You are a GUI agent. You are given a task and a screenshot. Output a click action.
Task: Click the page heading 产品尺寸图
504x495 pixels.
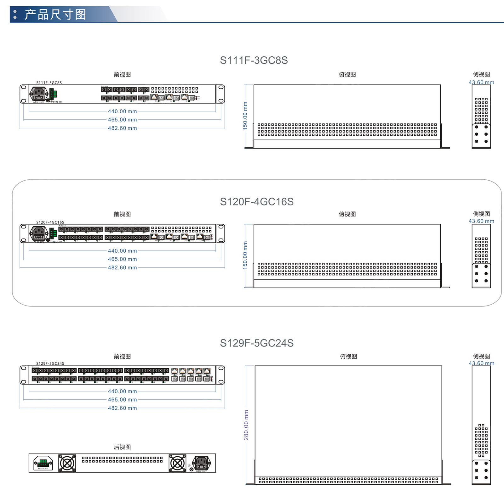coord(55,14)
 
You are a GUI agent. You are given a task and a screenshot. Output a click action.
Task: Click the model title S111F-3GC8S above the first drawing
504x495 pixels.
coord(254,60)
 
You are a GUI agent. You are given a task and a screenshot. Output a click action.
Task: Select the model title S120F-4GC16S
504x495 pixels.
coord(256,201)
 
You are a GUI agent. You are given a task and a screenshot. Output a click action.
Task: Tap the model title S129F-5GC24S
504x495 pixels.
coord(256,343)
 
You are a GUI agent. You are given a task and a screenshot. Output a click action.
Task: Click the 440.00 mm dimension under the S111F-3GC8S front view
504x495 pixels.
coord(122,111)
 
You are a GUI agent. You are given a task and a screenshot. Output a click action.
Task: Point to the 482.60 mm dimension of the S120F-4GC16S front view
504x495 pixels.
coord(122,268)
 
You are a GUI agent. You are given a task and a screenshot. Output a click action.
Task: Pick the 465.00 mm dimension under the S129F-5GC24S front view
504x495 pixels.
coord(122,400)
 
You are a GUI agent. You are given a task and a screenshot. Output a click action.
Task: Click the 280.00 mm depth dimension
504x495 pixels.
coord(246,425)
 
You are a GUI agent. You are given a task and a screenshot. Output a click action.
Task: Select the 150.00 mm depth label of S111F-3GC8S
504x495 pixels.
coord(245,116)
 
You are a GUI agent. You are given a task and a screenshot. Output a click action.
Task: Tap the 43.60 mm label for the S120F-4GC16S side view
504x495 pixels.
coord(481,221)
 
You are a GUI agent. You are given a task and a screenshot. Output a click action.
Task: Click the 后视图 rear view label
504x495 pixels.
coord(122,447)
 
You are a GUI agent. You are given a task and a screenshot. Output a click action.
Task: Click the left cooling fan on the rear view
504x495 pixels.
coord(67,463)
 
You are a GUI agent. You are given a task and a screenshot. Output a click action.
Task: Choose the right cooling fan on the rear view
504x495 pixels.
coord(178,463)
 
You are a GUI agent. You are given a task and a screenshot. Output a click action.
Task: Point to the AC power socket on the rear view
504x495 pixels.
coord(202,463)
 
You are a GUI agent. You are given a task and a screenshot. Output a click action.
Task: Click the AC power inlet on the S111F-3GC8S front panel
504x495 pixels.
coord(39,93)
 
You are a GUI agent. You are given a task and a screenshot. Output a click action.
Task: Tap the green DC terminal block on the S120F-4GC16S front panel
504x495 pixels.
coord(53,233)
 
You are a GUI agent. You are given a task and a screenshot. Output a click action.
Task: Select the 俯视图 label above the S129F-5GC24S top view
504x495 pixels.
coord(348,357)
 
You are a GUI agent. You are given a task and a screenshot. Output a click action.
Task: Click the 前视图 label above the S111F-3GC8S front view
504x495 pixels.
coord(122,75)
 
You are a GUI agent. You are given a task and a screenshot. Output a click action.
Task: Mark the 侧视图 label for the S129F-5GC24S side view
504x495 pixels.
coord(481,356)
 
